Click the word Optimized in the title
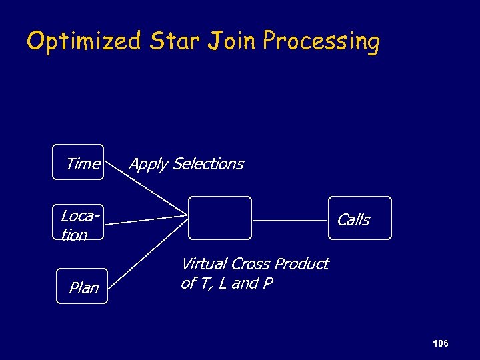pyautogui.click(x=83, y=41)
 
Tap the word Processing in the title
pyautogui.click(x=321, y=41)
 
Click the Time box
pyautogui.click(x=79, y=163)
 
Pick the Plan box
pyautogui.click(x=82, y=287)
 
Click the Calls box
pyautogui.click(x=360, y=219)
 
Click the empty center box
pyautogui.click(x=220, y=218)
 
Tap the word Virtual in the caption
pyautogui.click(x=205, y=264)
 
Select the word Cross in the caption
pyautogui.click(x=251, y=264)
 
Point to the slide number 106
pyautogui.click(x=440, y=343)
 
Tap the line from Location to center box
pyautogui.click(x=147, y=219)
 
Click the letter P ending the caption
pyautogui.click(x=268, y=283)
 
